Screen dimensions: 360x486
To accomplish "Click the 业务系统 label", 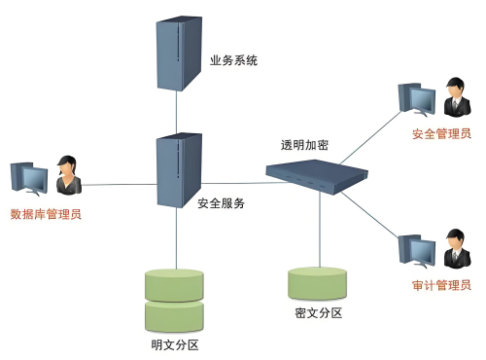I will click(x=234, y=60).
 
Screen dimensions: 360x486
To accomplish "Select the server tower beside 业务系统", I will click(x=175, y=54).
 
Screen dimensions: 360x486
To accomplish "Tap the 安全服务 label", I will click(x=221, y=203).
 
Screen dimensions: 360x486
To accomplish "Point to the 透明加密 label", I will click(x=304, y=145).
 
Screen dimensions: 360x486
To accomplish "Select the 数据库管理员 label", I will click(x=46, y=214).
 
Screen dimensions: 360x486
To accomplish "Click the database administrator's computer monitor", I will click(x=29, y=181).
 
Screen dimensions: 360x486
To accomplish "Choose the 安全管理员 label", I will click(x=441, y=133).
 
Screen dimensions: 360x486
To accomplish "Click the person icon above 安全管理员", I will click(x=453, y=97).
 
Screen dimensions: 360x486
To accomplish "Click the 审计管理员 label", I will click(x=441, y=285).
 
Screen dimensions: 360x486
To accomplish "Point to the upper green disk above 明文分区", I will click(x=175, y=285).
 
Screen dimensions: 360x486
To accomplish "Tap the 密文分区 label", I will click(x=318, y=313).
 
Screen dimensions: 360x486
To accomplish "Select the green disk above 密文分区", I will click(x=318, y=282).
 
